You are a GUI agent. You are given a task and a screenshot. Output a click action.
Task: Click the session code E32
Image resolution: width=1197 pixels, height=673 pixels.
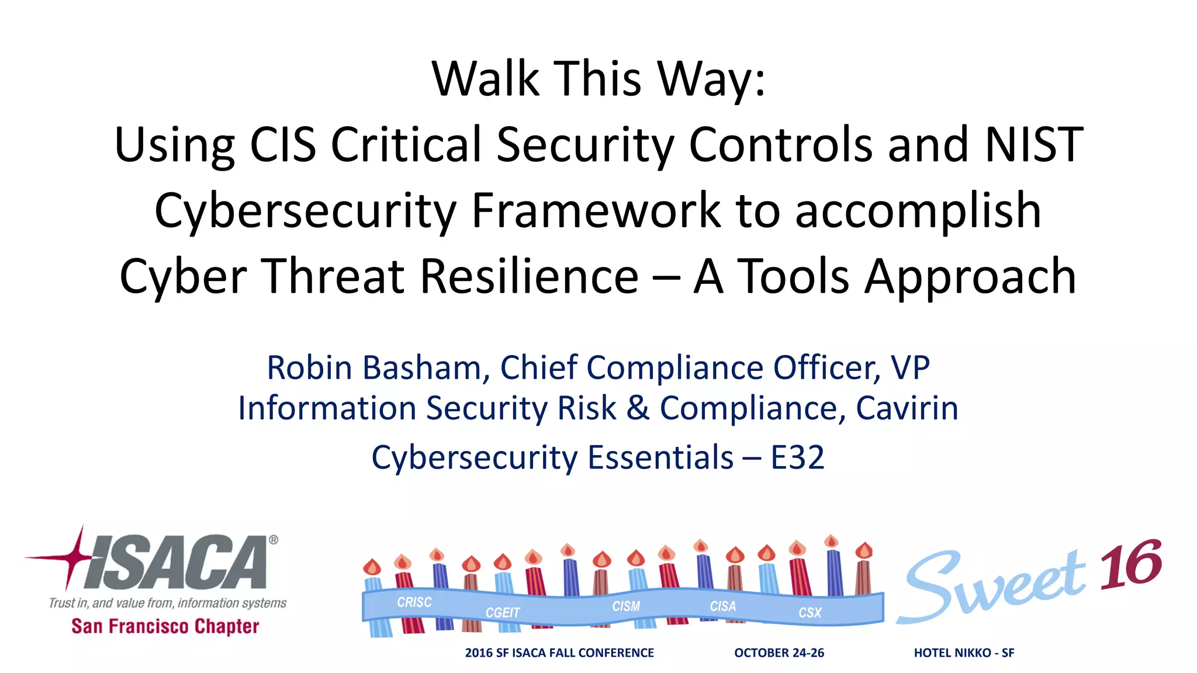click(x=797, y=457)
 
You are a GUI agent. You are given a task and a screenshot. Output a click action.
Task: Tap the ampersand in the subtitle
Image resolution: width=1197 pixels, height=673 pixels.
click(x=638, y=408)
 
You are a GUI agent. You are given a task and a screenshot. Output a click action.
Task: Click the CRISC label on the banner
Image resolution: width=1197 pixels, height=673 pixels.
click(x=414, y=602)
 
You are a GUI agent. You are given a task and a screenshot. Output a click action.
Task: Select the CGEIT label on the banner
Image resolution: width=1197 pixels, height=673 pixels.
click(x=502, y=612)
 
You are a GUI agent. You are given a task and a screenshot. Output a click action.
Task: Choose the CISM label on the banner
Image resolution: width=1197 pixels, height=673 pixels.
click(x=626, y=606)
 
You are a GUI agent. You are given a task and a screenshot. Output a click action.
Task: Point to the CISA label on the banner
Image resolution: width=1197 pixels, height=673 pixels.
click(x=722, y=606)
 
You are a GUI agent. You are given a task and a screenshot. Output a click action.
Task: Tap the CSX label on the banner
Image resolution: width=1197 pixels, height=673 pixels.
click(x=809, y=612)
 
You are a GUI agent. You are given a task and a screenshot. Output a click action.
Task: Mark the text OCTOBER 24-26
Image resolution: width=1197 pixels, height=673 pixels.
click(x=779, y=653)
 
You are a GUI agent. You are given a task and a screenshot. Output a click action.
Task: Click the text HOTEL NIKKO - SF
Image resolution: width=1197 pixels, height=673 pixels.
click(x=964, y=653)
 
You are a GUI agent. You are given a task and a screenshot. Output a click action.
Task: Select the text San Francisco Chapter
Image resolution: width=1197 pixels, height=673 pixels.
click(x=165, y=626)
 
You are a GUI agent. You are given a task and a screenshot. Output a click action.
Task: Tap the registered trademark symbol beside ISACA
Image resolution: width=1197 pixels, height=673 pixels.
click(x=273, y=540)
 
